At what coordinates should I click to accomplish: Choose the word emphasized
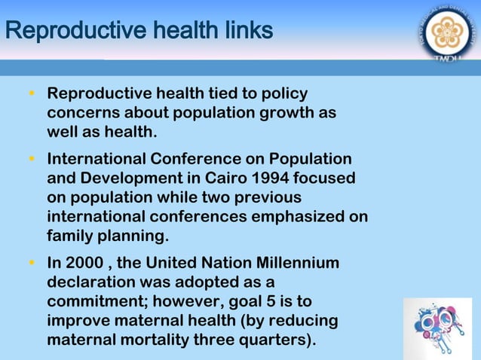tap(296, 217)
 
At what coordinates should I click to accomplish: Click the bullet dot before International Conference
tap(32, 160)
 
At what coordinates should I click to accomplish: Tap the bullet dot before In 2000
tap(32, 263)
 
